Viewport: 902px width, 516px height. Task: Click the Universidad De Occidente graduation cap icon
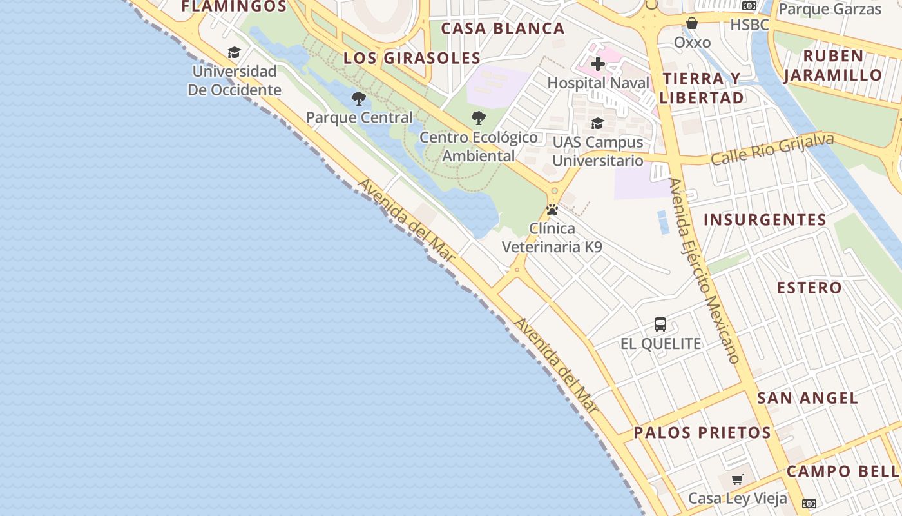click(x=234, y=52)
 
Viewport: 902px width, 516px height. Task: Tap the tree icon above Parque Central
click(x=359, y=99)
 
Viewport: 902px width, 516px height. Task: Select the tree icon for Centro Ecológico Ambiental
click(x=478, y=118)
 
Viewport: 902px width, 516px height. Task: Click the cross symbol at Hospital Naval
click(x=598, y=64)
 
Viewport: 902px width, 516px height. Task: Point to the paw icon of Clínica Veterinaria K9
click(x=552, y=210)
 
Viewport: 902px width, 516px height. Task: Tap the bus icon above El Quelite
click(x=660, y=324)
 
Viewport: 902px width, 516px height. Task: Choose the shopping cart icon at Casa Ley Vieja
click(x=738, y=479)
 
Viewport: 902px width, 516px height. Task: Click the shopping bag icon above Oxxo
click(x=692, y=24)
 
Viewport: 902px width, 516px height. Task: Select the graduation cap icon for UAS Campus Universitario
click(x=597, y=123)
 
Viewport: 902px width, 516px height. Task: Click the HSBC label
click(x=749, y=25)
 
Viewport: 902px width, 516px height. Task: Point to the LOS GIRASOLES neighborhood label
click(x=412, y=58)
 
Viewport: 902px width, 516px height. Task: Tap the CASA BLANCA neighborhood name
click(x=503, y=28)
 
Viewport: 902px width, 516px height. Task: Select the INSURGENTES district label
click(x=765, y=220)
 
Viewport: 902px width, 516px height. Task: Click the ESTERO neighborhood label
click(x=809, y=288)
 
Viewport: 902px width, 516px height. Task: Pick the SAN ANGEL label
click(x=807, y=398)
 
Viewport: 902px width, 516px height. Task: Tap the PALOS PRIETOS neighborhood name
click(x=702, y=433)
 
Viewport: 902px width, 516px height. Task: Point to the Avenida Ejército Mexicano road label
click(x=704, y=271)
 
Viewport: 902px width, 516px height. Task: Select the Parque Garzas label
click(x=830, y=9)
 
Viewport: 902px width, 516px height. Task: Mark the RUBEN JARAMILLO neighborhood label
click(x=833, y=65)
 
